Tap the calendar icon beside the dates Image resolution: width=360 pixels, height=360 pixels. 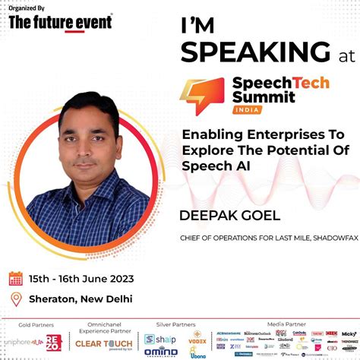15,279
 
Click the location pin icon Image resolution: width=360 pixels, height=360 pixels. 15,298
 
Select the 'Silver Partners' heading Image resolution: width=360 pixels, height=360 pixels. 173,323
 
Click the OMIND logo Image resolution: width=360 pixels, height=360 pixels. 161,350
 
